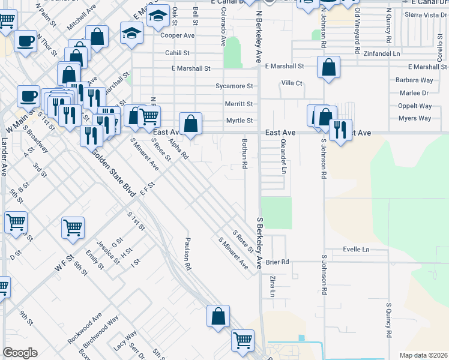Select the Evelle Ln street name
(356, 249)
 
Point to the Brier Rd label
(277, 262)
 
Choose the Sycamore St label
(234, 86)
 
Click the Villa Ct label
(292, 83)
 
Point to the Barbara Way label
(414, 80)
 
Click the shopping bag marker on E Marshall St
(329, 68)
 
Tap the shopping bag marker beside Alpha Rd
(190, 124)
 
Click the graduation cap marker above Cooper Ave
(158, 17)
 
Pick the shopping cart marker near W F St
(73, 227)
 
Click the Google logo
(20, 353)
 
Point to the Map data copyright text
(423, 355)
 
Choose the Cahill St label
(178, 53)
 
